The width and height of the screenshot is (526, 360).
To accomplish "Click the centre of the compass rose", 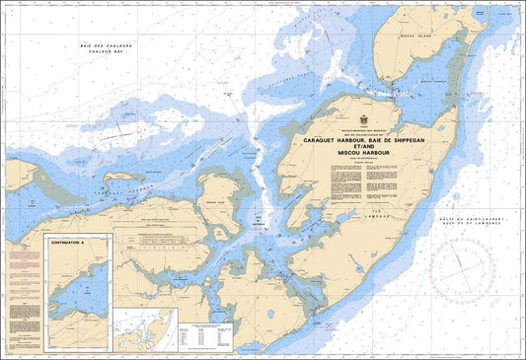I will (461, 271).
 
